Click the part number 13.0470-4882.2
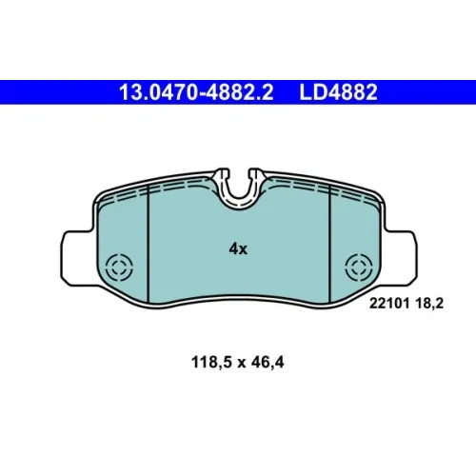(196, 92)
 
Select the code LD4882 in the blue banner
(338, 92)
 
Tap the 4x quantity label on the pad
(238, 249)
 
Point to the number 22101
(389, 304)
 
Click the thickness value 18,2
(429, 304)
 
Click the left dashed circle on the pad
(119, 268)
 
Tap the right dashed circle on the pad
(359, 268)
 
